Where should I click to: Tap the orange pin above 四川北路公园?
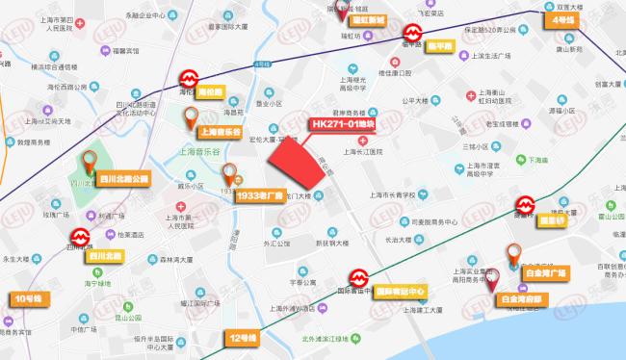tap(92, 160)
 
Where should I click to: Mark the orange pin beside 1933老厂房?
tap(229, 174)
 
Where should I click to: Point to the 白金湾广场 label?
tap(542, 274)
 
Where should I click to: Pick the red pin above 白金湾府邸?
tap(493, 280)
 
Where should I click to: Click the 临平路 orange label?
tap(442, 46)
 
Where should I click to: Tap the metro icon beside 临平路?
tap(411, 33)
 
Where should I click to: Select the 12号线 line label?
tap(245, 338)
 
